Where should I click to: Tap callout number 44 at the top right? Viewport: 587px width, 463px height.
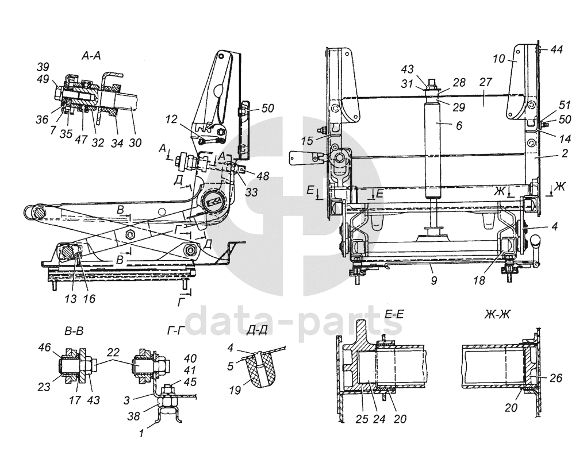pos(555,50)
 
